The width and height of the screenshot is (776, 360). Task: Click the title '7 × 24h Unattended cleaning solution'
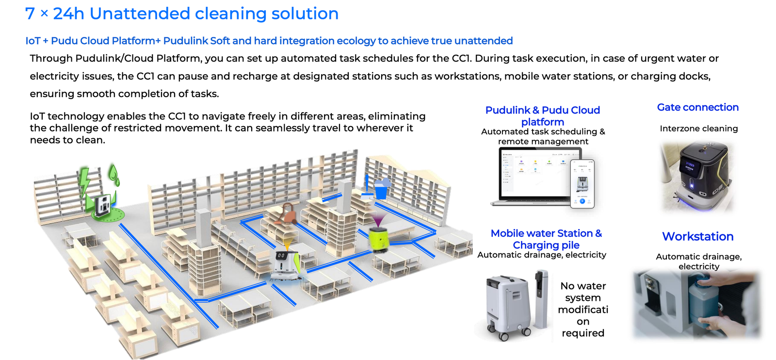181,14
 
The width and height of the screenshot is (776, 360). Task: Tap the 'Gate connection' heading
697,107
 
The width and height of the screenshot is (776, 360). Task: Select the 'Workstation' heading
697,236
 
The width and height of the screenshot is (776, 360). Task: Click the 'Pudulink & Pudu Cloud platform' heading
542,116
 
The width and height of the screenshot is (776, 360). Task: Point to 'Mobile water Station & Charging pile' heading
546,239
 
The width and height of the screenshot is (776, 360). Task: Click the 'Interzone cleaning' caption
698,129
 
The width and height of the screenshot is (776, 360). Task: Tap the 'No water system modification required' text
582,309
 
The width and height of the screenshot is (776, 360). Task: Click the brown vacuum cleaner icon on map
287,213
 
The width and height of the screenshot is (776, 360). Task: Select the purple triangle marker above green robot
378,221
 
